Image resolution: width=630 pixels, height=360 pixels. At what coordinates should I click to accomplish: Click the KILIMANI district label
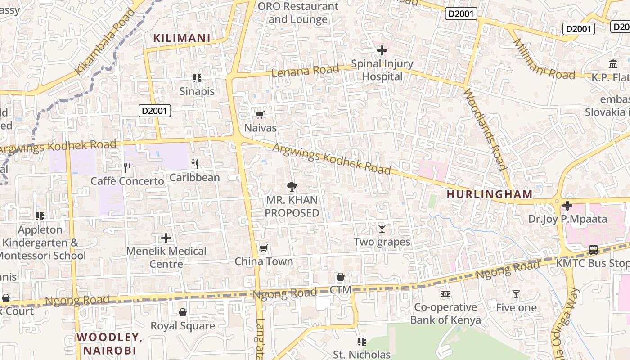click(182, 38)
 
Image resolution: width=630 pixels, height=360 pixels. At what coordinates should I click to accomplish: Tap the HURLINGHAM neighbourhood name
click(490, 194)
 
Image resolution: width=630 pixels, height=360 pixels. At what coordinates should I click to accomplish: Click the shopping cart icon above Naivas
click(260, 115)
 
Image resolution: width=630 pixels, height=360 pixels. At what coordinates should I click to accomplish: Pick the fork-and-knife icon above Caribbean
click(194, 164)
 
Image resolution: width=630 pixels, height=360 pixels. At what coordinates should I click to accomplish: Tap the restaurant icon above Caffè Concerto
click(127, 168)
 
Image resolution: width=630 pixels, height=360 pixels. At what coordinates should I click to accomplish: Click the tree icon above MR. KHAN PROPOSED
click(292, 187)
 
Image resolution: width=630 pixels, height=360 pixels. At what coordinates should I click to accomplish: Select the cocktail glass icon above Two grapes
click(382, 229)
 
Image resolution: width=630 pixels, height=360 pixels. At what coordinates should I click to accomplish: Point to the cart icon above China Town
click(263, 248)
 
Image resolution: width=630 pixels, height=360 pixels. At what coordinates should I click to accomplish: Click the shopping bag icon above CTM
click(340, 277)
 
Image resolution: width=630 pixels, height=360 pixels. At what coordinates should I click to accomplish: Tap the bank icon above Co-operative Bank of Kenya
click(445, 294)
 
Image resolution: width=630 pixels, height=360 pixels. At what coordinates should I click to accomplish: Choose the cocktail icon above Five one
click(516, 294)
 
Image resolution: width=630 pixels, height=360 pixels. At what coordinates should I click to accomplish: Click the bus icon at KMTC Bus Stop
click(593, 250)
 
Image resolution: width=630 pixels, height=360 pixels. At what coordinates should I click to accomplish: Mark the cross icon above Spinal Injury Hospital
click(382, 50)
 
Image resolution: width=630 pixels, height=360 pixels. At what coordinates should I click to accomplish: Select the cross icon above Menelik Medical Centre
click(166, 238)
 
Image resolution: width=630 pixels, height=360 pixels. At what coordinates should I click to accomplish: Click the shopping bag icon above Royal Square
click(183, 312)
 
